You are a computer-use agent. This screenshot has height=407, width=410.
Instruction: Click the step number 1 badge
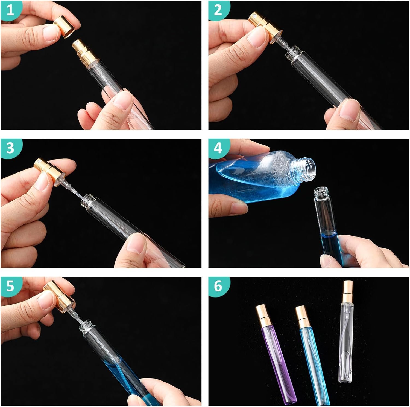[x=10, y=10]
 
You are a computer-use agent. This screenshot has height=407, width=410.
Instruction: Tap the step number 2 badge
[x=218, y=10]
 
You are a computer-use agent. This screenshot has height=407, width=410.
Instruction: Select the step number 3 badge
[x=10, y=148]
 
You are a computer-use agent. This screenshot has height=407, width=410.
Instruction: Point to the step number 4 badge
[x=218, y=148]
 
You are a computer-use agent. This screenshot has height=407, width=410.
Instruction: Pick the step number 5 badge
[x=10, y=286]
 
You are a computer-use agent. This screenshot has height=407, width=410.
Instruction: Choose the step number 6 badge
[x=218, y=286]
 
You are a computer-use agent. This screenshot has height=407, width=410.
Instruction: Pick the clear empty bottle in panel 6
[x=346, y=330]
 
